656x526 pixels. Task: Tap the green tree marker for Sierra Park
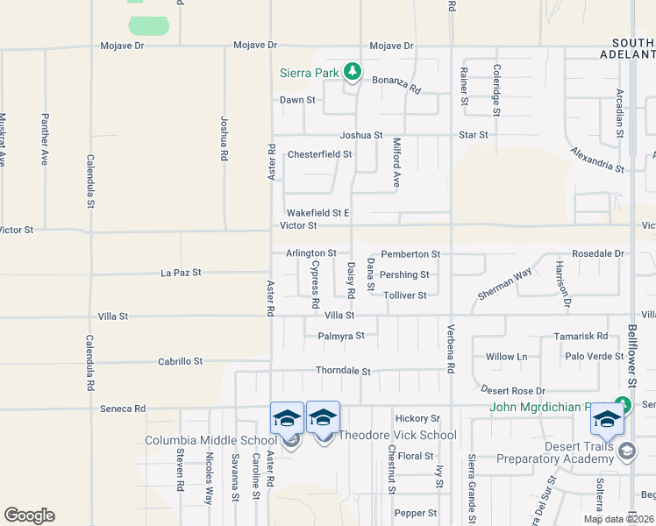tap(353, 71)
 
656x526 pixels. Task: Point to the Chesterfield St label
tap(320, 154)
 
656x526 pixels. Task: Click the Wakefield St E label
tap(318, 213)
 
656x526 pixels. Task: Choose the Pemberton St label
tap(410, 253)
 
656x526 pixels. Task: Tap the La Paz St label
tap(182, 273)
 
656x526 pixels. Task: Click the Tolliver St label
tap(404, 295)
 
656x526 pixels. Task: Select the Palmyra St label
tap(334, 335)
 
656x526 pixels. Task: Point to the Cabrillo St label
tap(180, 361)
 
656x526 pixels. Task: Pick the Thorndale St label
tap(344, 372)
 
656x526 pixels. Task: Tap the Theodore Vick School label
tap(397, 435)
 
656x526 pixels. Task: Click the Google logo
tap(29, 515)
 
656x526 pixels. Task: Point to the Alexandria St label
tap(596, 160)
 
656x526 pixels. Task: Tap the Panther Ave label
tap(45, 139)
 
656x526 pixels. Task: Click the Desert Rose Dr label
tap(513, 390)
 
